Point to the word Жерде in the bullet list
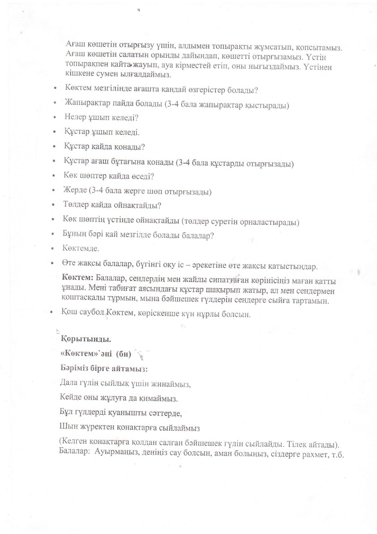[x=74, y=191]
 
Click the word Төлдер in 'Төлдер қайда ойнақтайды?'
[x=75, y=206]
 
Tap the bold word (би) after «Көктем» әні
[x=123, y=354]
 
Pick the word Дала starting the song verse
[x=68, y=383]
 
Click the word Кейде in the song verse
[x=69, y=398]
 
